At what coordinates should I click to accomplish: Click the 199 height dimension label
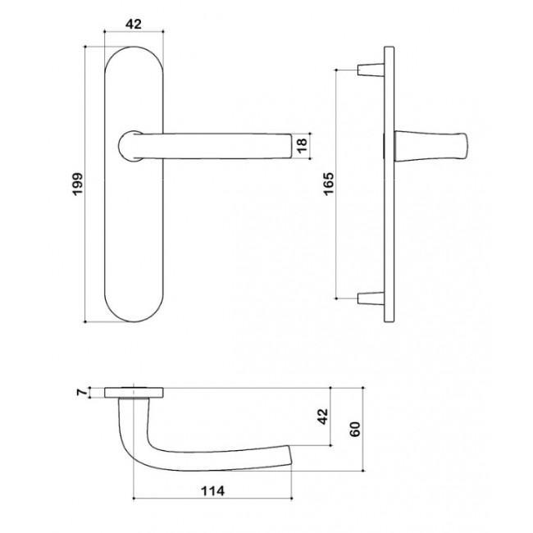[78, 184]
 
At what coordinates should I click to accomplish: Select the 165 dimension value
[329, 184]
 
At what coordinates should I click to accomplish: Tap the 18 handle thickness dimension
[302, 145]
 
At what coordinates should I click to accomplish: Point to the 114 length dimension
[213, 491]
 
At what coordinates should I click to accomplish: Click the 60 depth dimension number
[354, 430]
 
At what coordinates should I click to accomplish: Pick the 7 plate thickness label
[82, 392]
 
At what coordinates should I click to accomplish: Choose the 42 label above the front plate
[134, 24]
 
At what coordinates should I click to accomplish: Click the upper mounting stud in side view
[371, 70]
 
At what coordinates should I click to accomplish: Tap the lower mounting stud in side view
[371, 298]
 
